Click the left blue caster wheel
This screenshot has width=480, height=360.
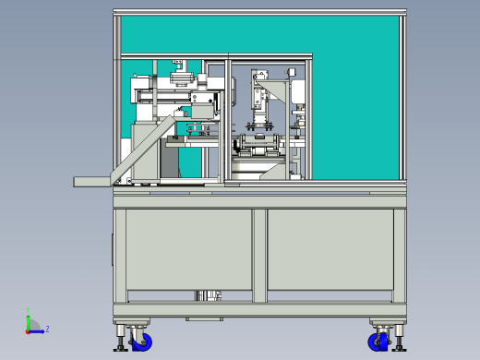[x=142, y=342]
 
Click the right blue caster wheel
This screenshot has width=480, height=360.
[x=378, y=342]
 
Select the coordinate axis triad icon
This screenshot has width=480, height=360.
[x=32, y=325]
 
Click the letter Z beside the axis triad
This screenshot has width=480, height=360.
[x=47, y=329]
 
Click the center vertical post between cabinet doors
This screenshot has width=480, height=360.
[x=259, y=255]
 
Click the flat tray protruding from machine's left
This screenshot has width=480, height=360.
[x=92, y=182]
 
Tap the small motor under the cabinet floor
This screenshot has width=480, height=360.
[x=209, y=295]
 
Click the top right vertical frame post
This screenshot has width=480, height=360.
[x=402, y=92]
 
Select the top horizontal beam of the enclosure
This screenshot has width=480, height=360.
[x=258, y=12]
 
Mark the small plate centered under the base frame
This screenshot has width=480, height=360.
[x=204, y=318]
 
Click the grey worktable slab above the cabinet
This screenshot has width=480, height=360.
[x=258, y=198]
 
